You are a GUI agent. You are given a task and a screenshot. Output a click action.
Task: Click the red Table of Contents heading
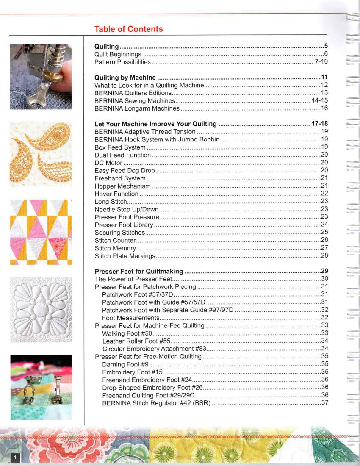[128, 29]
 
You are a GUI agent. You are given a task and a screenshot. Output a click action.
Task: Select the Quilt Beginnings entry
[118, 54]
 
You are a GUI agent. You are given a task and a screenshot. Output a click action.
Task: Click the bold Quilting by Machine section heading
[125, 78]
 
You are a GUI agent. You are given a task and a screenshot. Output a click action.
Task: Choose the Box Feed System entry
[120, 147]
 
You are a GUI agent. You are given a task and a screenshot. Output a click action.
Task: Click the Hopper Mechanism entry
[122, 186]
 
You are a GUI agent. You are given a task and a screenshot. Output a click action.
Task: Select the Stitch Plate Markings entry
[125, 256]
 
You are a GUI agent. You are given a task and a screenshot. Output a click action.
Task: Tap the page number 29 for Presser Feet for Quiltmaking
[325, 271]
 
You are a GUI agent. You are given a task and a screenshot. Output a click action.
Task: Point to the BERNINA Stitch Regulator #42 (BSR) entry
[156, 403]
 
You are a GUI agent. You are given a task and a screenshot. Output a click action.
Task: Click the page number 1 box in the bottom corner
[15, 457]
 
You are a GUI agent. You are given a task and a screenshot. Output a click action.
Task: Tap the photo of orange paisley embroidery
[41, 154]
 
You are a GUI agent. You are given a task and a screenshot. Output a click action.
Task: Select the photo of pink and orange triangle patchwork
[41, 232]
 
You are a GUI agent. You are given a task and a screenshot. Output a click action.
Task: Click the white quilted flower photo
[41, 310]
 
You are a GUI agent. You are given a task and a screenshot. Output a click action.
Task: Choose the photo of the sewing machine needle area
[41, 77]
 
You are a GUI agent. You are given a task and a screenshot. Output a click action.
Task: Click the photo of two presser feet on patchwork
[41, 387]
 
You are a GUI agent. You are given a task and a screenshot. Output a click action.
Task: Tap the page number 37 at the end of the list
[325, 403]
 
